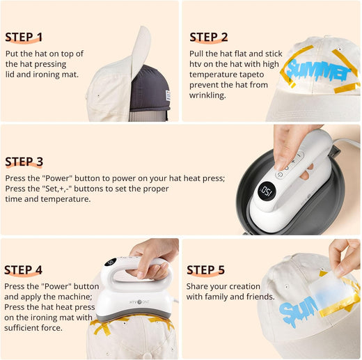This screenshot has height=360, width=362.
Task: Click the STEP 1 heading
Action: (24, 37)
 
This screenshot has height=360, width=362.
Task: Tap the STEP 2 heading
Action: (209, 37)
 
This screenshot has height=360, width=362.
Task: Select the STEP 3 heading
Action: (24, 162)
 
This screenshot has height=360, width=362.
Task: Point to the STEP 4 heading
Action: (23, 270)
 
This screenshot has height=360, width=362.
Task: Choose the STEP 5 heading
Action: (205, 270)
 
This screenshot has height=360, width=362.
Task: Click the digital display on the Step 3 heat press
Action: (267, 191)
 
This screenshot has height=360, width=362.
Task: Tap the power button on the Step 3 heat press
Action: (280, 175)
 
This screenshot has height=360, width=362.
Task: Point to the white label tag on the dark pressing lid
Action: (168, 95)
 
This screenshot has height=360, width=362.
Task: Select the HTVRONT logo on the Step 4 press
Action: (139, 302)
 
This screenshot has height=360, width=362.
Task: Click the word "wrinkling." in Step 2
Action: (207, 95)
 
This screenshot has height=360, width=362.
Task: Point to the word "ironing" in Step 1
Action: (47, 75)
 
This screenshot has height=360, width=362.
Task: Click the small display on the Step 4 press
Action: (111, 263)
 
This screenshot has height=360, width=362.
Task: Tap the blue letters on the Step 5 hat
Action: (298, 311)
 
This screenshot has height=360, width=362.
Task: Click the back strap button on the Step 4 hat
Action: (147, 355)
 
